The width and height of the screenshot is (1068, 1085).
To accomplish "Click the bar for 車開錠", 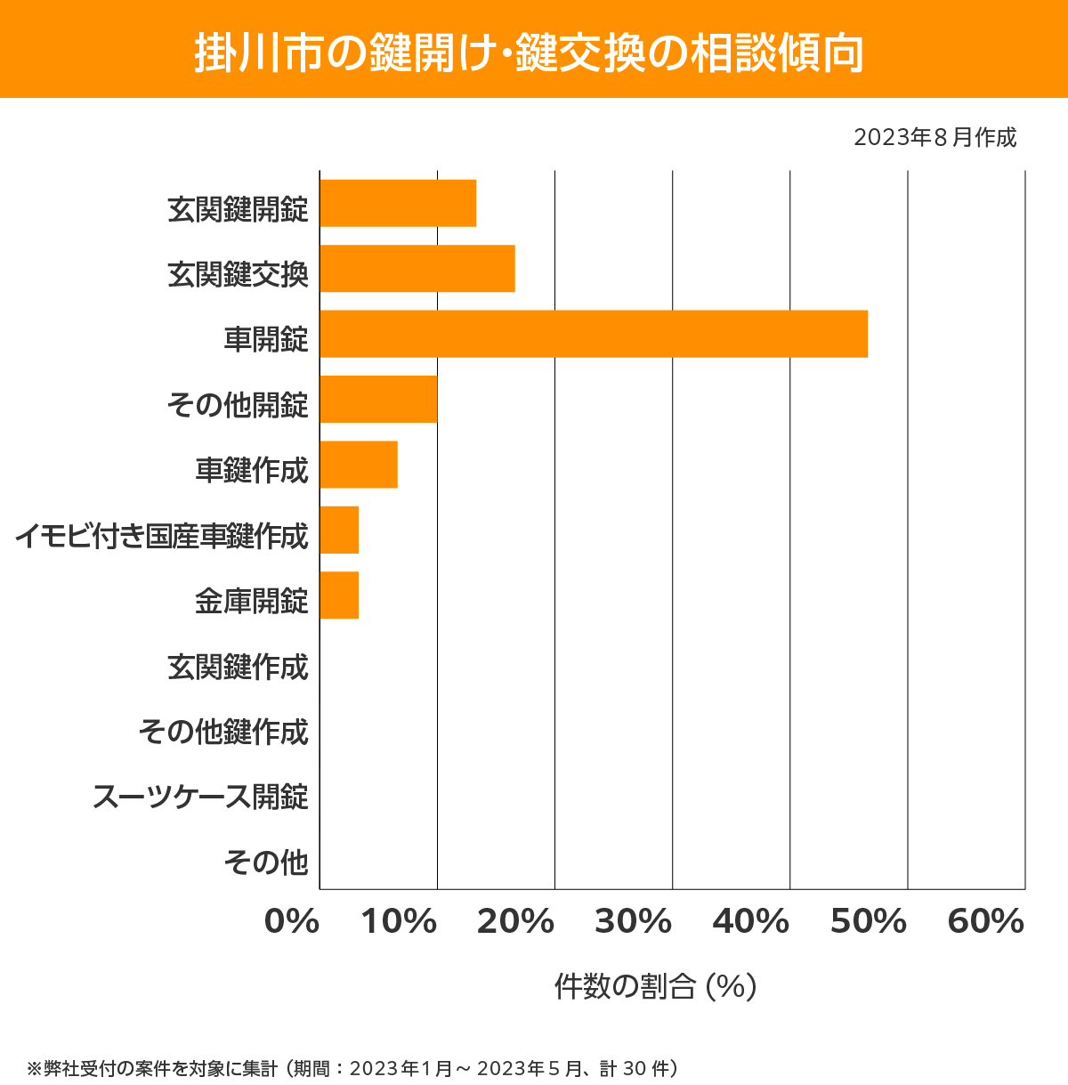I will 594,334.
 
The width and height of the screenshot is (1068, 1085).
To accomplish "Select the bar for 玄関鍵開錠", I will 398,203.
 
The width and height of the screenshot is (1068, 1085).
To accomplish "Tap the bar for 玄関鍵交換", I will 417,268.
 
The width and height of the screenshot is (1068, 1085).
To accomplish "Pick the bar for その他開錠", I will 378,399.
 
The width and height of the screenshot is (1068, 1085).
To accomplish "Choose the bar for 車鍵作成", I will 359,465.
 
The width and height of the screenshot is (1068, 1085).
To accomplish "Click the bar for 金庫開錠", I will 339,595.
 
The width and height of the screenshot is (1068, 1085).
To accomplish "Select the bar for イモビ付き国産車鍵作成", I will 339,530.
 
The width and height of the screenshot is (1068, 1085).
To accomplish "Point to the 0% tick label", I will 292,922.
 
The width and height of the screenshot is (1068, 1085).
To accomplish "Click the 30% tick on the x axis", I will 633,922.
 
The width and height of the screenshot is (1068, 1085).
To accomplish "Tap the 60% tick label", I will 986,922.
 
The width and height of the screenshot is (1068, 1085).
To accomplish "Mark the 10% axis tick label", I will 399,922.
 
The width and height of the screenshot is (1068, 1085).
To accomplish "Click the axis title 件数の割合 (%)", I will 655,986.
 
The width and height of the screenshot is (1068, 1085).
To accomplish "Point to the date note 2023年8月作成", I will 934,138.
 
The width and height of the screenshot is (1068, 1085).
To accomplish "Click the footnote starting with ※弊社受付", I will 353,1067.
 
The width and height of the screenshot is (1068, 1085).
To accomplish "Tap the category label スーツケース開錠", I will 201,797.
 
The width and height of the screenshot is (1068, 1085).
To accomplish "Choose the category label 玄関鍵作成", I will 239,667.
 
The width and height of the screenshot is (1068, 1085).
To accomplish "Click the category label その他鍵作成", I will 223,732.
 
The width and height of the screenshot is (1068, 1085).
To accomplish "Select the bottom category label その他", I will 266,862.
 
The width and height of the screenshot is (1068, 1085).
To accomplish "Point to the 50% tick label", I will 869,922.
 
